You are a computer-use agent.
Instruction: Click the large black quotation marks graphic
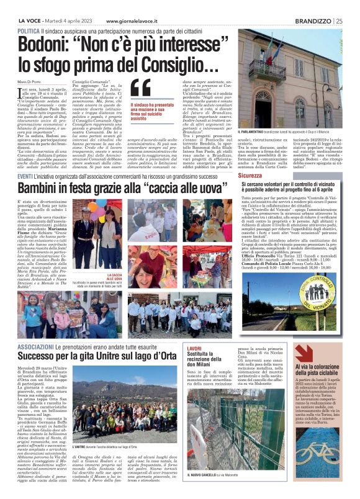141,89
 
